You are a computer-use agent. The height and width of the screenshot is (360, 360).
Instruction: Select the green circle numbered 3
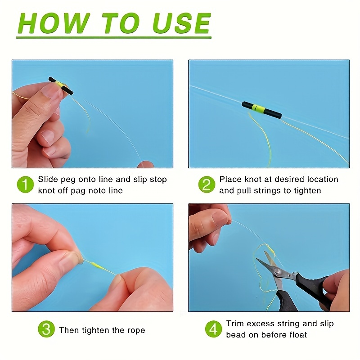[46, 330]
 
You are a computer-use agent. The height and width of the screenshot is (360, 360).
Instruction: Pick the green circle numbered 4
[213, 329]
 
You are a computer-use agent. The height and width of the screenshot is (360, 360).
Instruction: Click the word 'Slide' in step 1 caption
[48, 179]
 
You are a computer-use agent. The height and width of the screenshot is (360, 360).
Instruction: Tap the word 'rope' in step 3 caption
[135, 330]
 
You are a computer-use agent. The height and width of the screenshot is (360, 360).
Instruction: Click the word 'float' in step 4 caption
[297, 335]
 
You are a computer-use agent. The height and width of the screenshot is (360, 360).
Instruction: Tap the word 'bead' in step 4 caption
[236, 335]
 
